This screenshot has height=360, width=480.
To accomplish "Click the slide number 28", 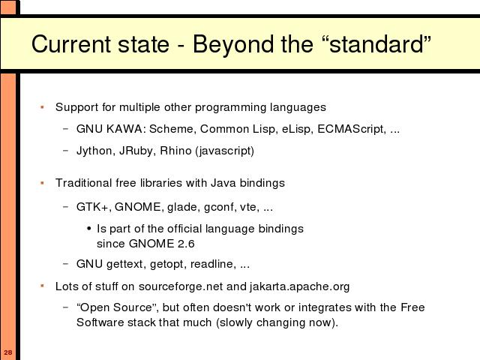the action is tap(8, 352).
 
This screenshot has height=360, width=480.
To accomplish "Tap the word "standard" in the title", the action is tap(376, 44).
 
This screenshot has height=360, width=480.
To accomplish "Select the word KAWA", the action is tap(124, 129).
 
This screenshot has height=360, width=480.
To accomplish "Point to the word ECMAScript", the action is tap(351, 129).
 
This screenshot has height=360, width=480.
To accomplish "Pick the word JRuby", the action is tap(137, 151).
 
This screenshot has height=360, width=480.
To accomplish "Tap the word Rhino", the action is tap(175, 151).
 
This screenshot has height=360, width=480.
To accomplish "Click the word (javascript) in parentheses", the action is tap(225, 151).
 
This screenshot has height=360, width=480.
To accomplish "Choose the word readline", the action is tap(213, 264).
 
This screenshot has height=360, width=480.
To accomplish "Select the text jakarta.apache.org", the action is tap(299, 286).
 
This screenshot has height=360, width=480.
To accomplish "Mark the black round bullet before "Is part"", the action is tap(89, 229).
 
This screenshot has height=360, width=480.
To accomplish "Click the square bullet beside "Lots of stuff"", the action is tap(42, 286).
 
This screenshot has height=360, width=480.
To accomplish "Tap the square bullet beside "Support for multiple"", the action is tap(42, 106).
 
